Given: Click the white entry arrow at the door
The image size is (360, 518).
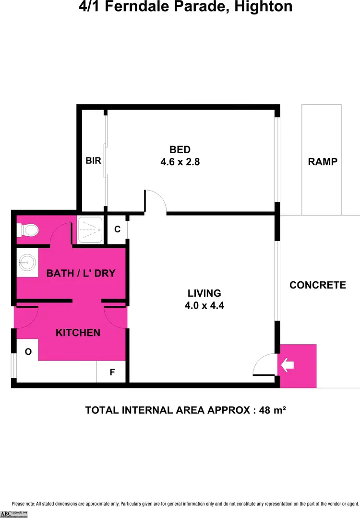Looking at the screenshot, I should point(288,366).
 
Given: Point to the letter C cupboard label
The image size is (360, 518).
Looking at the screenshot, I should point(117,229).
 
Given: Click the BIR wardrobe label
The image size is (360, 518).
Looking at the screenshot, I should point(94,161).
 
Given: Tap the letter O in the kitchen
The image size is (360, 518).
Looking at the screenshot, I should point(28,352).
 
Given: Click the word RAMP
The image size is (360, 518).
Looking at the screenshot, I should point(323,162).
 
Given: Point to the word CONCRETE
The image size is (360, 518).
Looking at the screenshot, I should point(318,285).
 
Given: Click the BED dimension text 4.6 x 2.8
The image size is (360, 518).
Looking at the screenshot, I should point(180,162).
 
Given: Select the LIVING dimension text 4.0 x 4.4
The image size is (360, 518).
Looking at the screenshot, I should point(204,305).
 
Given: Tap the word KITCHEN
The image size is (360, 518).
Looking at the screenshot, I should point(78,333).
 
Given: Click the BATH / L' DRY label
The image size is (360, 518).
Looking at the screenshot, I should point(81,273).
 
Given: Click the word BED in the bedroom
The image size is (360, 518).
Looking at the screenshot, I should point(180,149).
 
